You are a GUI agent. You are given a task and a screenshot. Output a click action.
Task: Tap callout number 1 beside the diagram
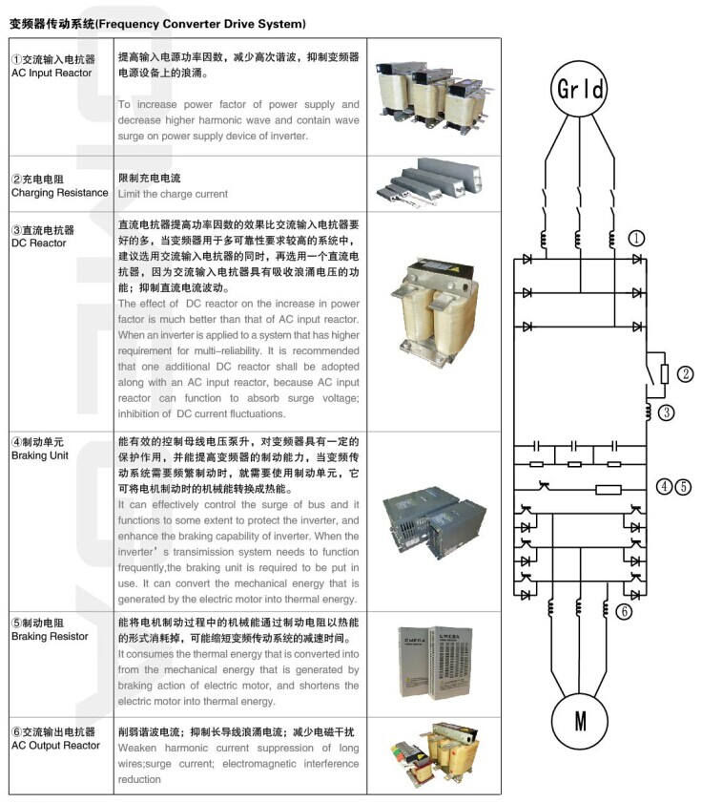(637, 238)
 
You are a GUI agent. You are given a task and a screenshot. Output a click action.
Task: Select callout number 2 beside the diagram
(685, 373)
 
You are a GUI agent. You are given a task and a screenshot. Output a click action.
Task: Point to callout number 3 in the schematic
(667, 412)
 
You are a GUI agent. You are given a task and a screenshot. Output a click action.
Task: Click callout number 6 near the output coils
(624, 612)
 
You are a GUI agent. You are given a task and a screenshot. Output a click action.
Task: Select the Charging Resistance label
(59, 186)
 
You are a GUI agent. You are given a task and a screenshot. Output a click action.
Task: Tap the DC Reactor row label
(43, 237)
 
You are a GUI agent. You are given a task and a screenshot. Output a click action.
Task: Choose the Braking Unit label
(42, 449)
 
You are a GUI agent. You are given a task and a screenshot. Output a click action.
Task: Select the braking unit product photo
(428, 521)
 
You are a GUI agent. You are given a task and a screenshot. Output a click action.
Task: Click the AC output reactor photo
(428, 753)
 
